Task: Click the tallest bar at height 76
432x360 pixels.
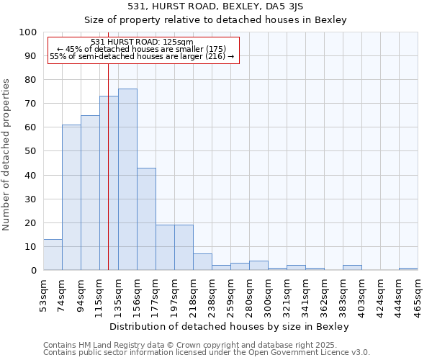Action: click(127, 179)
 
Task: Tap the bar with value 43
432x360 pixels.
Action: click(146, 219)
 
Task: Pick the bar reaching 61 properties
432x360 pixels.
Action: click(71, 197)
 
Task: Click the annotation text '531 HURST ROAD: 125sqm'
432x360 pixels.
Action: click(143, 42)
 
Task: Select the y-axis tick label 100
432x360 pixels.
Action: click(27, 32)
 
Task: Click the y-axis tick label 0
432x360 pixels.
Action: click(33, 270)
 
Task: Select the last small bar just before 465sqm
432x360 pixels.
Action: click(408, 269)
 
